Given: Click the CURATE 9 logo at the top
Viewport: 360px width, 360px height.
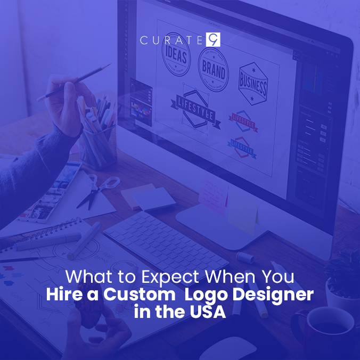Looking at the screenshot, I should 179,39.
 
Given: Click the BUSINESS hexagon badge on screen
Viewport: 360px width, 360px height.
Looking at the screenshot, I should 252,84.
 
